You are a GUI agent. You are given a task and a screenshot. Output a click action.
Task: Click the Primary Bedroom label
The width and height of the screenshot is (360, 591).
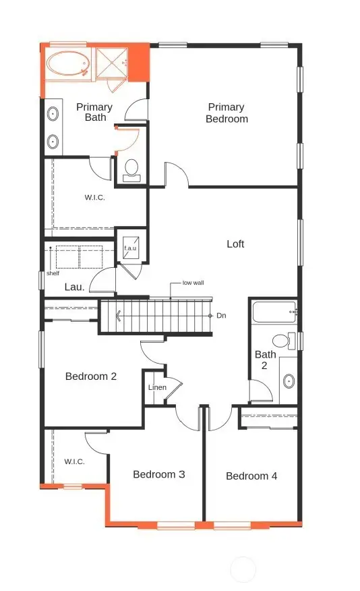point(227,113)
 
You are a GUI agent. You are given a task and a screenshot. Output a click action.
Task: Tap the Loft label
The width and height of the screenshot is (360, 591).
point(235,244)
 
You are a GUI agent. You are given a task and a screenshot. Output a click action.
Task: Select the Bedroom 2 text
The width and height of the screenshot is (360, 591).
point(91,376)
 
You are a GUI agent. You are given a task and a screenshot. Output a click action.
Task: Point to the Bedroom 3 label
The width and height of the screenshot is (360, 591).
point(158,474)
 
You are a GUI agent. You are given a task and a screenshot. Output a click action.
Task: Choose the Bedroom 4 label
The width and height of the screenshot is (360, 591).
point(251,476)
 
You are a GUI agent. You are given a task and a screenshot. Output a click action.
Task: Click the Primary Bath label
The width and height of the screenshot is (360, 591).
point(95,112)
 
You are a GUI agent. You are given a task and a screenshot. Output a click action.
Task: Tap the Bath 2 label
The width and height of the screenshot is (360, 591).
point(265,360)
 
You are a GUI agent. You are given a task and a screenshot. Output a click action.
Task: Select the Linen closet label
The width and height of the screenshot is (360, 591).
point(157,387)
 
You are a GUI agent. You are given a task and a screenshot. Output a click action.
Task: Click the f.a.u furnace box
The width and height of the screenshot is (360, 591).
point(130,248)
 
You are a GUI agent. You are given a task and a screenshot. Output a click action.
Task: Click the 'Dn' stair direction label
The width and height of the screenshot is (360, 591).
point(221,316)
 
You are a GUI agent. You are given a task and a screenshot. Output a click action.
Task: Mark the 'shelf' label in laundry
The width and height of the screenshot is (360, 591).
point(53,273)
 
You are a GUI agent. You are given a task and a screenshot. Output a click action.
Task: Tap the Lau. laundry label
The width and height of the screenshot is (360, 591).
point(74,287)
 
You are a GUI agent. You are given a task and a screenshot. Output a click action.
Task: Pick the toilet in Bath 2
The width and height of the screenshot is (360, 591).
point(281,341)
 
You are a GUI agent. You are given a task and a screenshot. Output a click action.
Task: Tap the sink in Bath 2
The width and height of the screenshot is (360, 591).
point(288,381)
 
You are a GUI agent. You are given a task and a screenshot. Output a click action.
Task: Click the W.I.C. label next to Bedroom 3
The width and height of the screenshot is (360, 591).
point(74,461)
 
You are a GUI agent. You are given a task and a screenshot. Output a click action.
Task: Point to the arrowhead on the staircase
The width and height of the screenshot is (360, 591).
point(119,315)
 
